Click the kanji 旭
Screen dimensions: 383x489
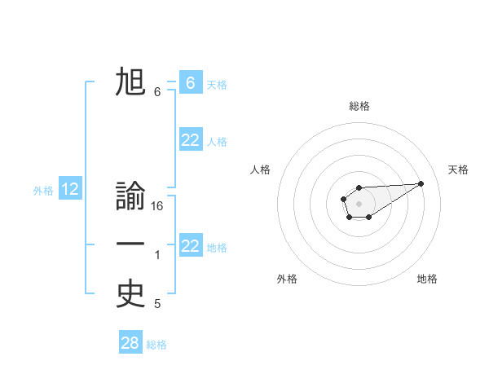[x=130, y=82]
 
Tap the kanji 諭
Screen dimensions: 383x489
[x=130, y=198]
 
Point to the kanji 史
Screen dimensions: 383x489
[x=130, y=294]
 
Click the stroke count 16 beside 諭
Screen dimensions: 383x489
[x=157, y=207]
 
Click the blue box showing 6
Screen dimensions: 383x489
[x=190, y=82]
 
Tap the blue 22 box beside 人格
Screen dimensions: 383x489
[x=190, y=140]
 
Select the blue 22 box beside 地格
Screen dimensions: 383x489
[x=190, y=245]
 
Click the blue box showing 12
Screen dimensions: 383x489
[x=70, y=190]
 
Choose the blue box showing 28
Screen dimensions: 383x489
[x=130, y=343]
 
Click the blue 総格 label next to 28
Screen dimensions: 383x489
[x=156, y=345]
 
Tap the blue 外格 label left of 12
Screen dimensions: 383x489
[x=43, y=191]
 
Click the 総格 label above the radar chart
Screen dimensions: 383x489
[x=359, y=106]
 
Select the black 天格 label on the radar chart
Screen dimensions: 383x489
[x=459, y=169]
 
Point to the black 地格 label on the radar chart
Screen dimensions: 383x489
[x=427, y=280]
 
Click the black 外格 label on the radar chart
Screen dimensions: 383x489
[x=287, y=280]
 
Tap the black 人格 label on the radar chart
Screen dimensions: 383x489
[x=261, y=169]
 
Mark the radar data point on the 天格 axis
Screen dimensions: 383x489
[x=421, y=183]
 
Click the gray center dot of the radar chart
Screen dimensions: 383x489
[x=359, y=203]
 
